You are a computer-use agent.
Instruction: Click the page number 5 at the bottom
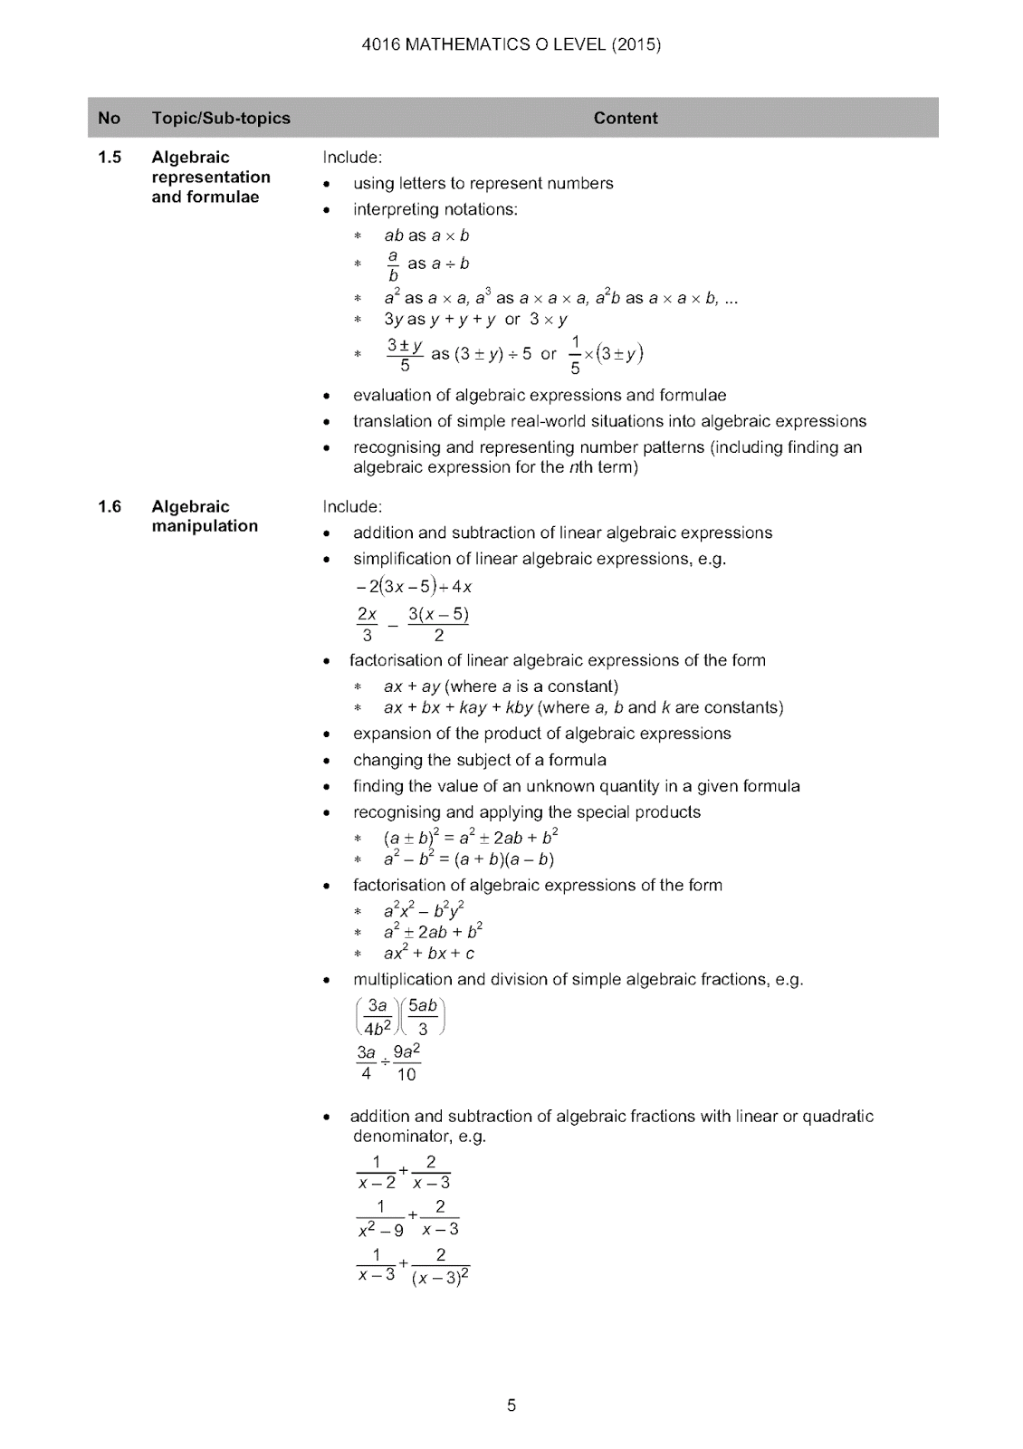[511, 1406]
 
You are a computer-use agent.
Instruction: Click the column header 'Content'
[626, 118]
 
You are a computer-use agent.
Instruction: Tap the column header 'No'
[109, 118]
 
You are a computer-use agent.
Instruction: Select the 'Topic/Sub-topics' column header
[221, 118]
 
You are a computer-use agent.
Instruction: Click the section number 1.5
[110, 158]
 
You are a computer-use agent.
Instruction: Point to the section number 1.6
[110, 506]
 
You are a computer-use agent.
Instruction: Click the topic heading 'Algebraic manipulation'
[204, 516]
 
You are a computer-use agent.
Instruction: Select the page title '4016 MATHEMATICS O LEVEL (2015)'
[511, 44]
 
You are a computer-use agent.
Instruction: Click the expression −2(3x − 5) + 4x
[414, 586]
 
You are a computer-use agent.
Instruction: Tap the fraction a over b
[393, 265]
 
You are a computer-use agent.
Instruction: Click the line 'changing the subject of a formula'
[479, 760]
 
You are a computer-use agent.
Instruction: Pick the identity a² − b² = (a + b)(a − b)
[468, 859]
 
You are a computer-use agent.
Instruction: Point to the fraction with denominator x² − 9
[381, 1218]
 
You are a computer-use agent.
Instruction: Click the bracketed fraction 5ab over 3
[423, 1017]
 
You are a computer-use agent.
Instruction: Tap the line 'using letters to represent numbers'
[483, 183]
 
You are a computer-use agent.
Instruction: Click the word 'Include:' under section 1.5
[352, 158]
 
